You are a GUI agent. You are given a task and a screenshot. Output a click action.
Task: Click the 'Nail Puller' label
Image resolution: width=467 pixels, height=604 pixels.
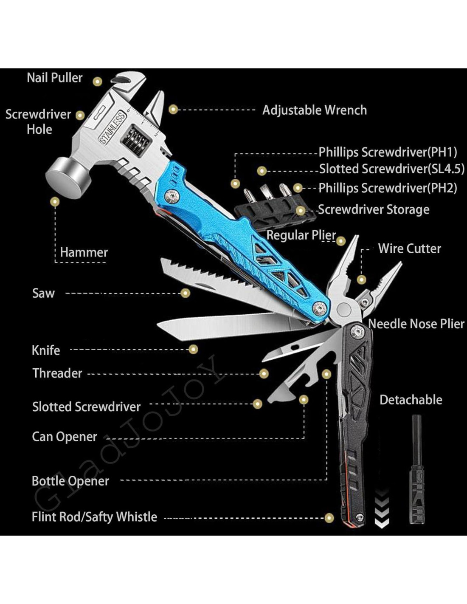point(54,78)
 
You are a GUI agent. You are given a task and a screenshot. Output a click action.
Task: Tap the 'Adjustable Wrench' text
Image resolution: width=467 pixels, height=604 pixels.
point(314,110)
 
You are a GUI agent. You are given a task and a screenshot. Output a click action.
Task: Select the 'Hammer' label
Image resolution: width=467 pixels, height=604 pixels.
point(84,252)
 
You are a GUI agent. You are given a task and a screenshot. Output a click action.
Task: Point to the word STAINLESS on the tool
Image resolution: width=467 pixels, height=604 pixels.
point(113,127)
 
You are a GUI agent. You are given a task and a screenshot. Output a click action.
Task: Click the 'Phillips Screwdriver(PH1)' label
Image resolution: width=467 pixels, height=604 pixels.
point(388,152)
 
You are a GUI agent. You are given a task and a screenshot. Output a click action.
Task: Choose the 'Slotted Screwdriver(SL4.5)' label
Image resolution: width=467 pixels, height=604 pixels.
point(391,169)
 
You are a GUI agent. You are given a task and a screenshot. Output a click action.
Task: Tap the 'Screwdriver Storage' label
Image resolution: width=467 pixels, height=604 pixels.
point(374,209)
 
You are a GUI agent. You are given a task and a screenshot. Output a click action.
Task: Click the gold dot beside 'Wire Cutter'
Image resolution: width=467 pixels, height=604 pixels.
point(361,279)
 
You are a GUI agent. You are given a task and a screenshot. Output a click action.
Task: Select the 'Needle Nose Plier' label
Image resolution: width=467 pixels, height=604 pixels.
point(416,324)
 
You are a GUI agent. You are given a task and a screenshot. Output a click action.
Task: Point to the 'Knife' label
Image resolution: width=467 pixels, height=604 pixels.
point(46,350)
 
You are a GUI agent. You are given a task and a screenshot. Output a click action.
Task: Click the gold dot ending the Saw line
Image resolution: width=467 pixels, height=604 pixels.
point(185,293)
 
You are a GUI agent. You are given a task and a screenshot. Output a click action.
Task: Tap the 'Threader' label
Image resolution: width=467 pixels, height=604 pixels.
point(57,373)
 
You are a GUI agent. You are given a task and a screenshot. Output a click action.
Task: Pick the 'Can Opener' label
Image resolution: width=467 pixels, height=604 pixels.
point(65,437)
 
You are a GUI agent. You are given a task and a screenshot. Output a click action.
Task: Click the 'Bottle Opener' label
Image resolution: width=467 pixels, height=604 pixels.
point(70,481)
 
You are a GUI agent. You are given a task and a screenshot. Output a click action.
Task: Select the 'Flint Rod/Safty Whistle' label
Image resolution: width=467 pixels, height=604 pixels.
point(94,517)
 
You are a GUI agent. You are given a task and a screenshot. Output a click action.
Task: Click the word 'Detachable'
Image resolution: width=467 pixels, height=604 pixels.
point(411,400)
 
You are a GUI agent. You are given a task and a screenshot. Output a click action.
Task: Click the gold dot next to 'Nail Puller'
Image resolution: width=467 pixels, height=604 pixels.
point(98,81)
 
